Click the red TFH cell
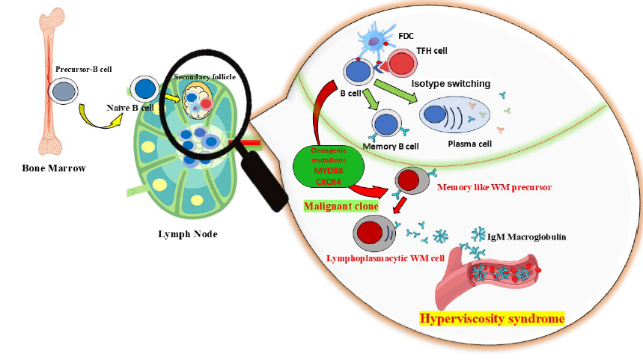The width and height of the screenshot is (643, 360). [x=405, y=64]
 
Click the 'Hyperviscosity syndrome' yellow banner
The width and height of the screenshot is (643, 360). [x=492, y=320]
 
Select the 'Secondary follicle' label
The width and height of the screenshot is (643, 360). [x=199, y=77]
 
